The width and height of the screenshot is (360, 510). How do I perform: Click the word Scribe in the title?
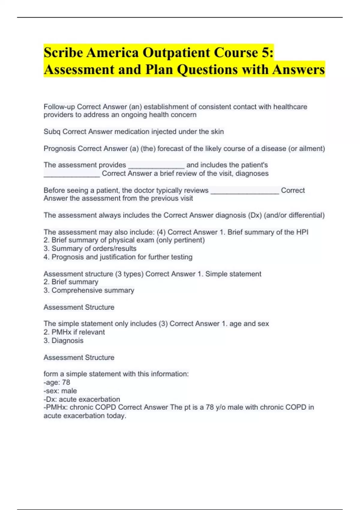pos(63,53)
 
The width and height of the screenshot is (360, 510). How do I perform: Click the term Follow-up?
pos(59,107)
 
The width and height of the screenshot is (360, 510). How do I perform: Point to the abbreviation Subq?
pos(52,132)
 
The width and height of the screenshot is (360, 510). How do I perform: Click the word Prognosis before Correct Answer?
pos(60,148)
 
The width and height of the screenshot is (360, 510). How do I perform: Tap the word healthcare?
pos(290,107)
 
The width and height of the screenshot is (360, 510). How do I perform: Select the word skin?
pos(217,132)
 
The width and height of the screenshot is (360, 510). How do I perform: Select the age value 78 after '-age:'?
pos(66,382)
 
